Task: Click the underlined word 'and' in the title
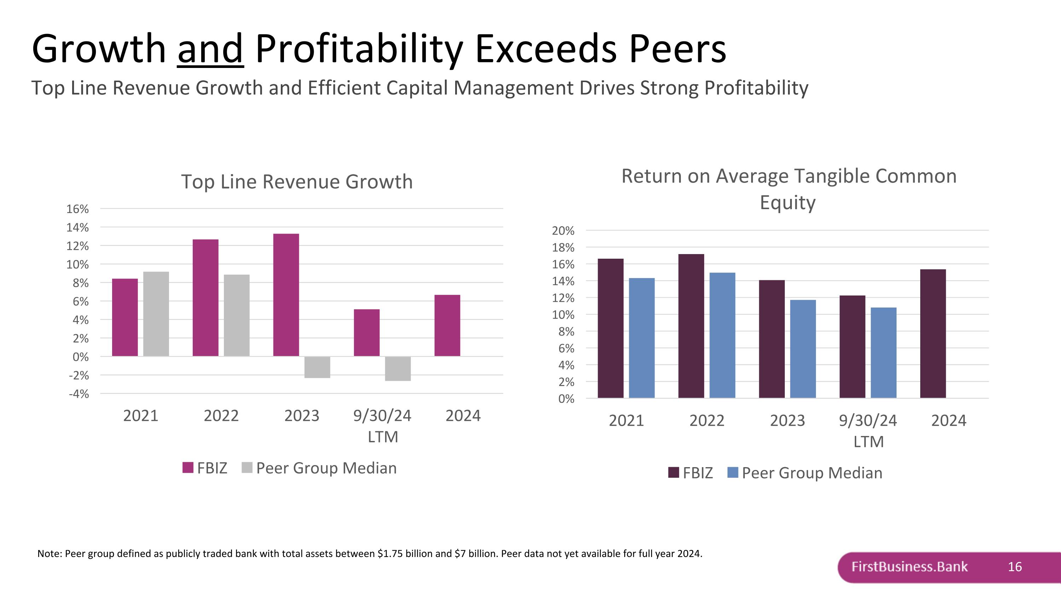tap(210, 50)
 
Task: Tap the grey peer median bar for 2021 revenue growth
tap(156, 314)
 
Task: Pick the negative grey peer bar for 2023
tap(317, 367)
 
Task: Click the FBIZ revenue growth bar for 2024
tap(447, 325)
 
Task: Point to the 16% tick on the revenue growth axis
tap(77, 209)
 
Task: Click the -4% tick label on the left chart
tap(79, 394)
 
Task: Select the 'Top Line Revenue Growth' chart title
tap(297, 182)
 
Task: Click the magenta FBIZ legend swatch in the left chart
tap(188, 467)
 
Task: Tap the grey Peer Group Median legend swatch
tap(247, 467)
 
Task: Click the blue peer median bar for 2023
tap(803, 349)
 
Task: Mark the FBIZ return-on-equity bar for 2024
tap(933, 333)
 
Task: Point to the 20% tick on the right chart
tap(563, 231)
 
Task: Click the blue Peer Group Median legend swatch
tap(733, 472)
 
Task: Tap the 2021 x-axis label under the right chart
tap(626, 421)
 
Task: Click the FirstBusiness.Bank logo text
tap(909, 567)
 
